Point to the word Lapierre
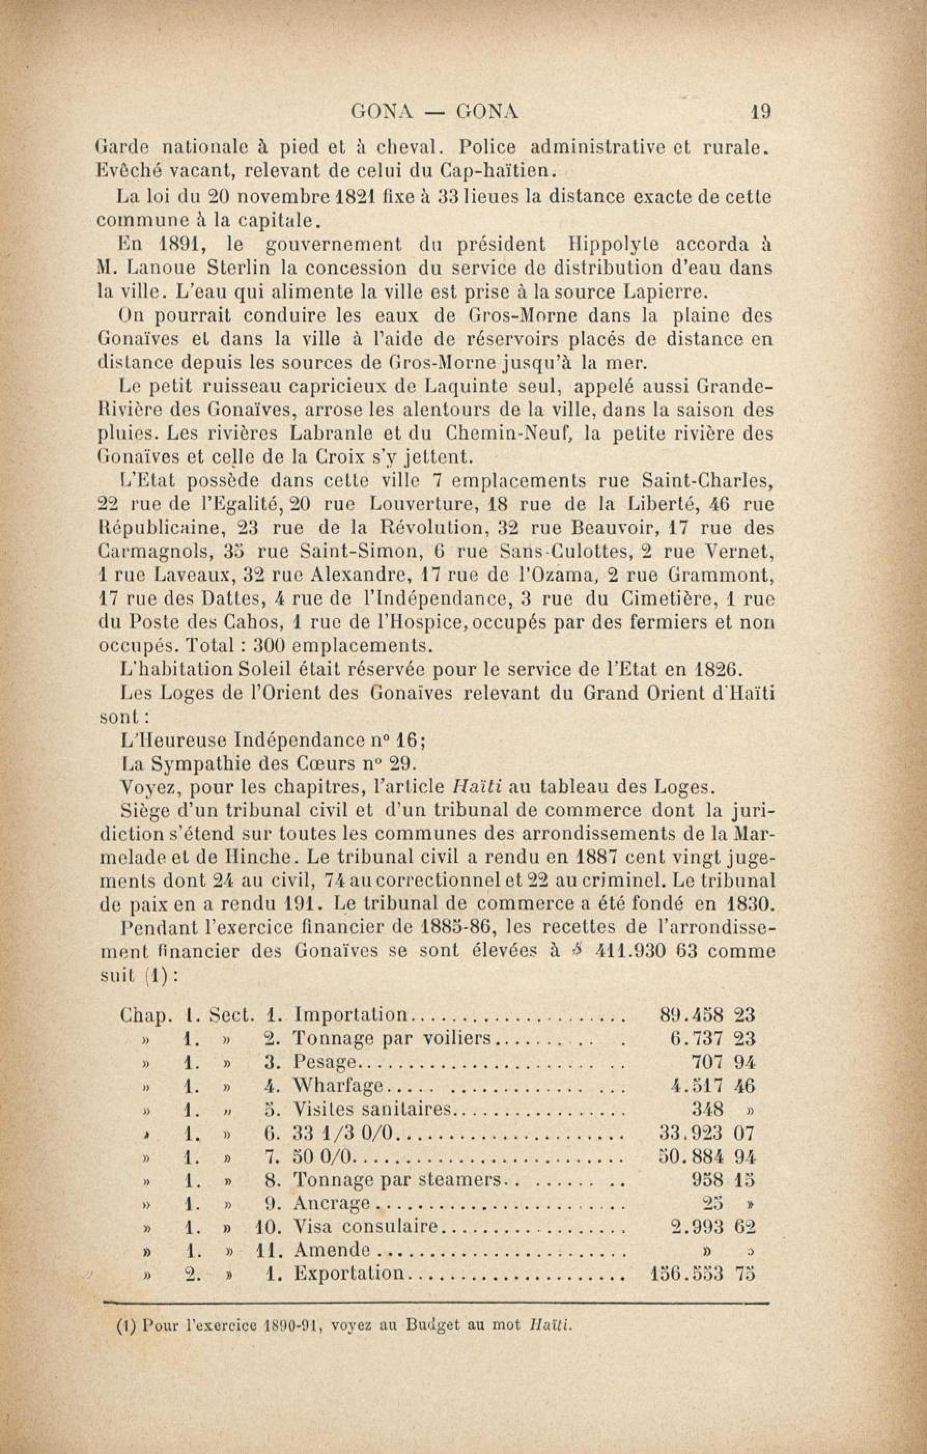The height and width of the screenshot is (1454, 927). coord(664,292)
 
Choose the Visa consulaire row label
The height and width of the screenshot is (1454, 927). coord(365,1227)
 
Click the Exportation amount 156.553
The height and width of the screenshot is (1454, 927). coord(685,1275)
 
